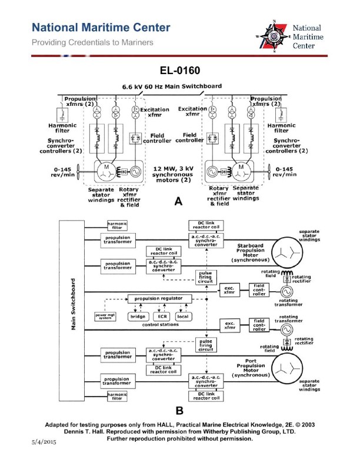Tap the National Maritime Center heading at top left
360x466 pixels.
click(x=101, y=28)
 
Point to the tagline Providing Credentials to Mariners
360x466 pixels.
click(x=93, y=42)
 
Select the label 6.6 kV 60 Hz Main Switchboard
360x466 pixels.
click(x=172, y=86)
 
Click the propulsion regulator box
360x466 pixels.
click(x=155, y=298)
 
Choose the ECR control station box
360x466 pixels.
click(x=162, y=317)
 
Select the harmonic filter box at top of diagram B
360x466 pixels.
click(x=116, y=225)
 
